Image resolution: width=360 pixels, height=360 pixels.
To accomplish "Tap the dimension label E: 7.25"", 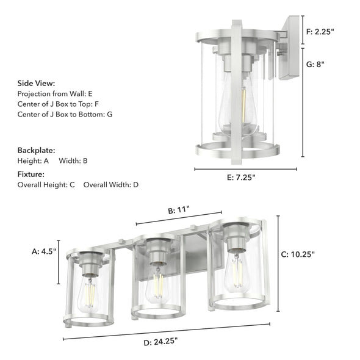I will point(240,178).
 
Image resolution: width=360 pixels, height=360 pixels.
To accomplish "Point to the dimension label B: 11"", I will point(179,210).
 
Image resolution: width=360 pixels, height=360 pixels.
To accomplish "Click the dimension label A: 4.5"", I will point(43,251).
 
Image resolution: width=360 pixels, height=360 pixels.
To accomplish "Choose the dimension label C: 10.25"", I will point(311,254).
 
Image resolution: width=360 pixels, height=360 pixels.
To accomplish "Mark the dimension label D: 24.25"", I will point(164,343).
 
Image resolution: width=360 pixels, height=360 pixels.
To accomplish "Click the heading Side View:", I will point(36,83).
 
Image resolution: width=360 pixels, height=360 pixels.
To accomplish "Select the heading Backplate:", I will point(36,149).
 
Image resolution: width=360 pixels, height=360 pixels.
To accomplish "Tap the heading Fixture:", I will point(32,174).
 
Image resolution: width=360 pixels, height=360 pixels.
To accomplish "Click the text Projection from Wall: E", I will point(55,94).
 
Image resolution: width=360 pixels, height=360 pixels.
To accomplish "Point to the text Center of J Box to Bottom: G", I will point(65,114).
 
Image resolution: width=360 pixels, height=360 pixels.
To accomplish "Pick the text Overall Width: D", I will point(111,184).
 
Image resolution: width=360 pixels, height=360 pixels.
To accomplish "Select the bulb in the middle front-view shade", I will point(157,284).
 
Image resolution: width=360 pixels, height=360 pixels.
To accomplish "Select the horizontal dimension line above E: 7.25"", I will point(246,169).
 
